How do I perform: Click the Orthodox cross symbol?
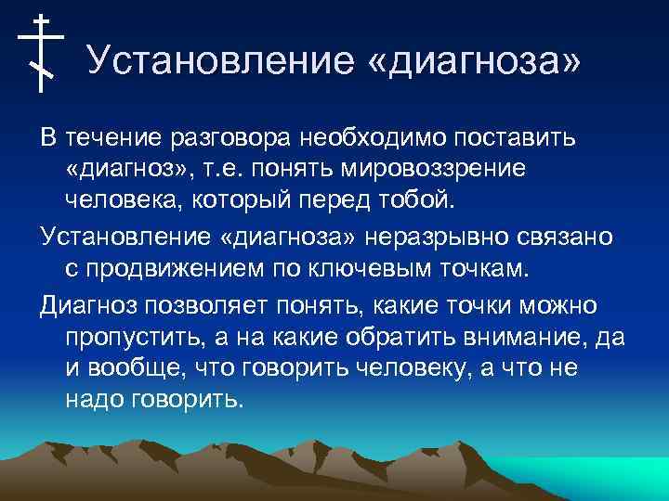[x=41, y=52]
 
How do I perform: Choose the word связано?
[x=565, y=238]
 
